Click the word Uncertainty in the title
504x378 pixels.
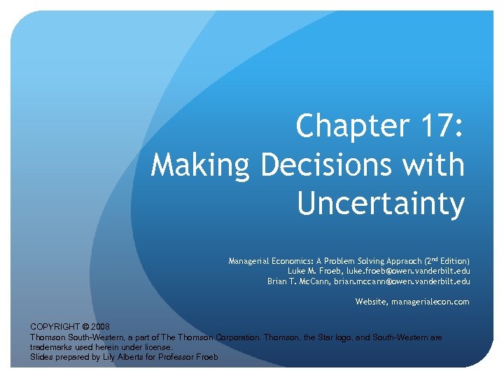click(x=381, y=204)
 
